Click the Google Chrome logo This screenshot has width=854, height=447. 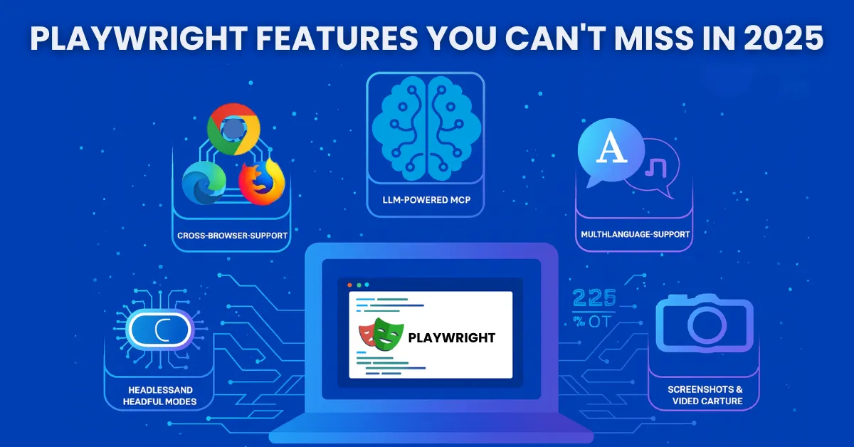[233, 130]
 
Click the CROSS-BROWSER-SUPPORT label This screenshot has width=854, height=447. [231, 234]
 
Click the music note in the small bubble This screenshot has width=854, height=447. [653, 168]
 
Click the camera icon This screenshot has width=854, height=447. [703, 323]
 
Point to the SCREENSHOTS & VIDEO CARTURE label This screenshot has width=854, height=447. [705, 395]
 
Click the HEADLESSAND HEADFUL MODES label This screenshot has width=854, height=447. [160, 396]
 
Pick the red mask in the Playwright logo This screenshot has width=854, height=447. [367, 332]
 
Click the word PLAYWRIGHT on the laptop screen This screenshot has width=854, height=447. [452, 337]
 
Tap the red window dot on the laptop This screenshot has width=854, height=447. [349, 285]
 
